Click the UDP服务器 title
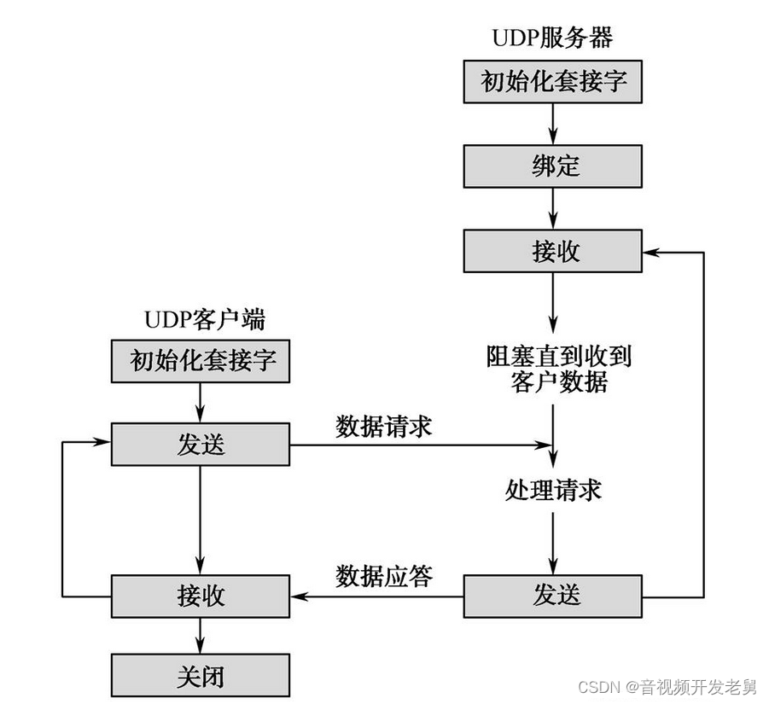[x=552, y=38]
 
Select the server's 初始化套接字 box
[x=552, y=81]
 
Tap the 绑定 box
[x=552, y=166]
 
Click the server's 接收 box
[x=552, y=252]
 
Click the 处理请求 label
[x=552, y=490]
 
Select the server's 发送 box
[x=552, y=595]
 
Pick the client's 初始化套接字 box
[x=201, y=360]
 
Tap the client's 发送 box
[x=201, y=445]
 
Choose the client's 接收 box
[x=201, y=595]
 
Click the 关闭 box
[x=201, y=676]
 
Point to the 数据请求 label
[x=383, y=426]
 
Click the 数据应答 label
[x=383, y=576]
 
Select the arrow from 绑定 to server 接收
[x=553, y=209]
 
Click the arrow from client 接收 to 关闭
[x=201, y=636]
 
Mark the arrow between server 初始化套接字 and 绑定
[x=553, y=124]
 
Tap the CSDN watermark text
[x=667, y=686]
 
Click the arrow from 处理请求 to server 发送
[x=553, y=542]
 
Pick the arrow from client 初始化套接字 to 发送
[x=201, y=402]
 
